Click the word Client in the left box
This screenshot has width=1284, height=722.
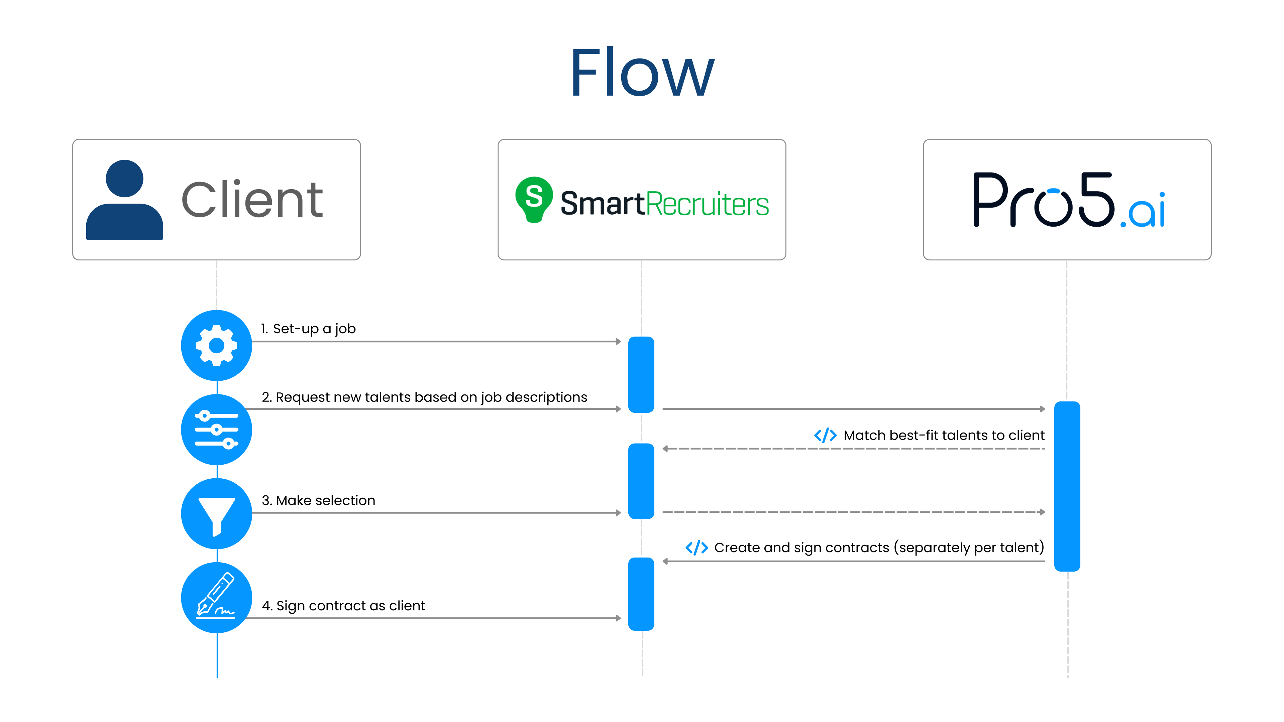252,200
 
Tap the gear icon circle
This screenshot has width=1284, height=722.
216,345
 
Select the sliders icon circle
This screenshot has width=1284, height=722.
216,430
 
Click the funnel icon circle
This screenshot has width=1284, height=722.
216,514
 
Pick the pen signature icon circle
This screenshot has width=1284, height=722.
216,597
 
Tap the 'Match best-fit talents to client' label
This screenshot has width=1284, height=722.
944,436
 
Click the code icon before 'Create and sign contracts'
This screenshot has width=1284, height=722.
696,548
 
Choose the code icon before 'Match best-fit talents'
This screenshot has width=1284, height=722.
825,436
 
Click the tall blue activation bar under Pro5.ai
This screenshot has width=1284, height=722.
1067,486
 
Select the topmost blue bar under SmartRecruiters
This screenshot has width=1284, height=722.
641,375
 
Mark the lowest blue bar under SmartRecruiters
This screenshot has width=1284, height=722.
641,594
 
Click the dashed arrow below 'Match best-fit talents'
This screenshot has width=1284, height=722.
853,449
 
